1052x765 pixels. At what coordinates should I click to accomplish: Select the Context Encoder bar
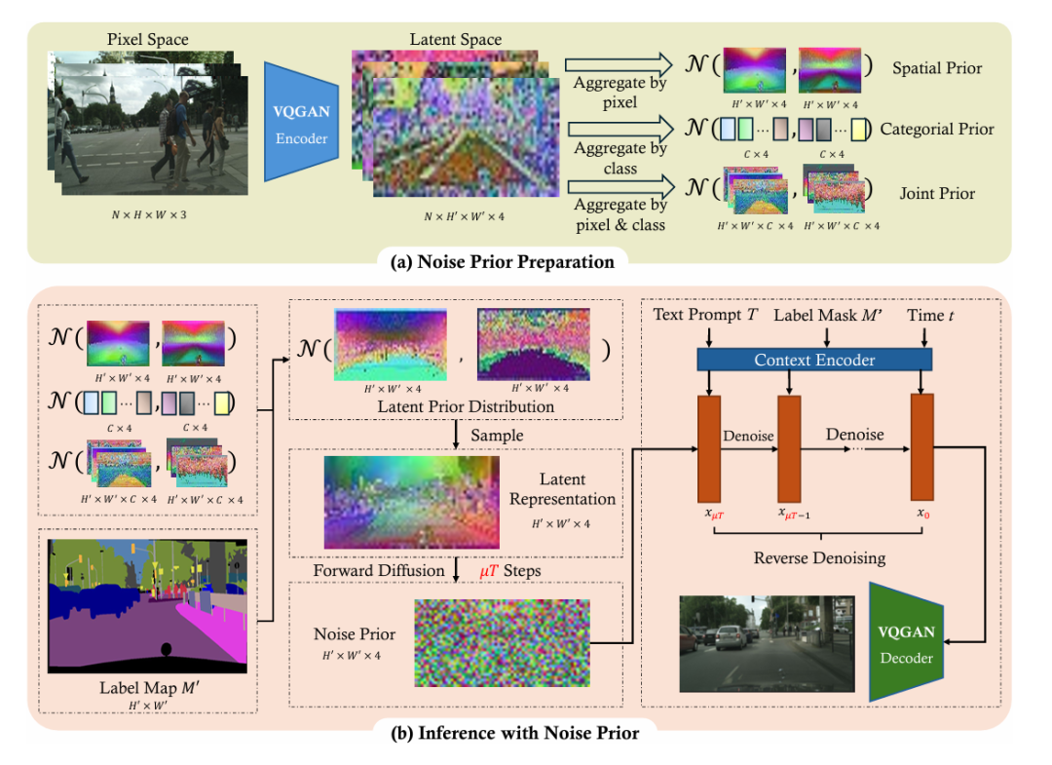tap(814, 361)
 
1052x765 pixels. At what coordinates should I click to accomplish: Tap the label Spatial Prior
tap(936, 69)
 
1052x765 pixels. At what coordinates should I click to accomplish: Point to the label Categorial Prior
tap(937, 129)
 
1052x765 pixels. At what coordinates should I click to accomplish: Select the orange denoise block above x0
tap(921, 447)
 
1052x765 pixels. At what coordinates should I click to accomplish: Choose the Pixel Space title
tap(148, 40)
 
